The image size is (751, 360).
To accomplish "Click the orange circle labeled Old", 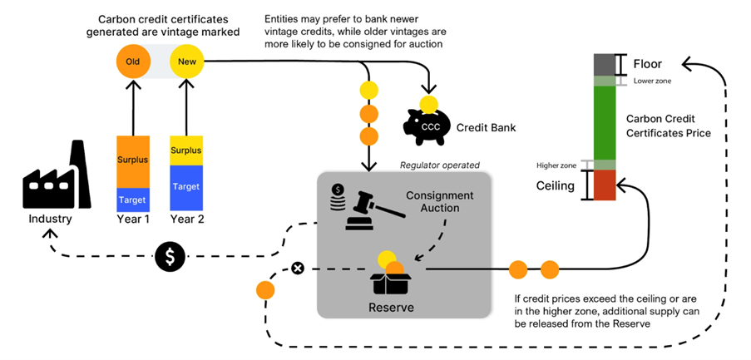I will point(133,61).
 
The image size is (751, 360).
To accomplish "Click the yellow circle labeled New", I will point(185,61).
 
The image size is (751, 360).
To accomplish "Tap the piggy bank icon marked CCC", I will point(428,125).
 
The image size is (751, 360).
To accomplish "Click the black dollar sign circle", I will point(170,257).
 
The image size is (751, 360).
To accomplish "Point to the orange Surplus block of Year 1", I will point(133,160).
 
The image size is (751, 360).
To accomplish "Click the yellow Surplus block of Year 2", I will point(185,150).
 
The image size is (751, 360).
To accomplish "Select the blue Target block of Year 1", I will point(133,200).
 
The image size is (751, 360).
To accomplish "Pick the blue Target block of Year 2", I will point(185,187).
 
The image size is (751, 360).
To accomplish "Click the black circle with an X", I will point(298,268).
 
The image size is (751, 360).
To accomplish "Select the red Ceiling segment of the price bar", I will point(604,185).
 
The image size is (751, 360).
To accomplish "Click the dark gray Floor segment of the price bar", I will point(604,64).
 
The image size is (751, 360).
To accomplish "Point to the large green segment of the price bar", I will point(604,121).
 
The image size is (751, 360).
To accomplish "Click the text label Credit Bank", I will point(487,127).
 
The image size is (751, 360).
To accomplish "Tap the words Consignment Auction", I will point(439,201).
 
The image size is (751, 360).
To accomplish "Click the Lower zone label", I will point(653,81).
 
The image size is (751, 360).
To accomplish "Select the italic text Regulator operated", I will point(439,165).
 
